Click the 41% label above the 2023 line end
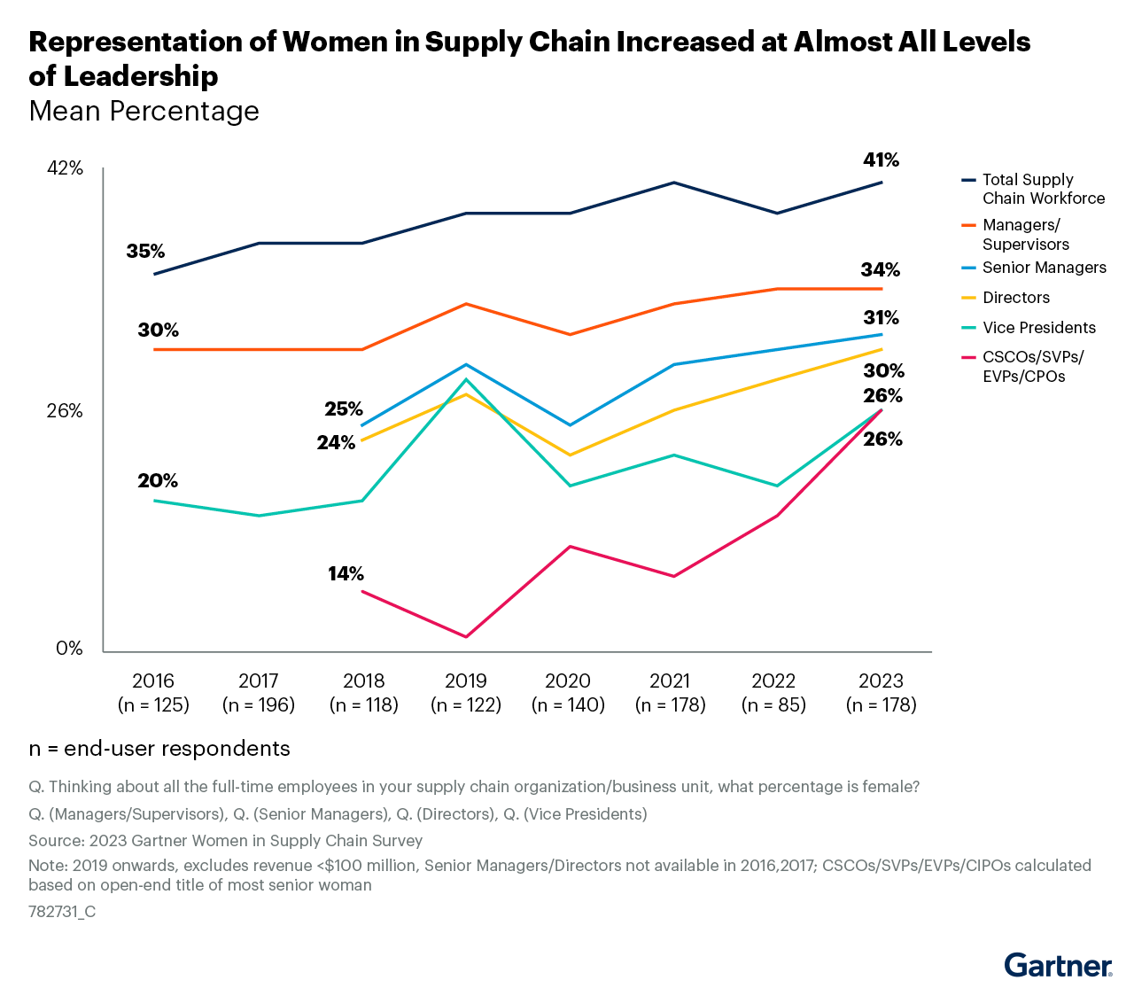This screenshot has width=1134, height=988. click(881, 160)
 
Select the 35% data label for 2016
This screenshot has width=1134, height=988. click(145, 252)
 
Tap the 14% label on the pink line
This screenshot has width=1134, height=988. click(346, 574)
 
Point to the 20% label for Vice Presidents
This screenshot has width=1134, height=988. click(158, 481)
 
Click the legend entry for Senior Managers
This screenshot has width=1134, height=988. click(1044, 268)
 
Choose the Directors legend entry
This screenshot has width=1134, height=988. click(1028, 298)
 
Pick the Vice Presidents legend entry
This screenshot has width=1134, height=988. click(1038, 328)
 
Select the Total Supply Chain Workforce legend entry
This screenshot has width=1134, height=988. click(1043, 189)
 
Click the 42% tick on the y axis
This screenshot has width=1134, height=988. click(65, 168)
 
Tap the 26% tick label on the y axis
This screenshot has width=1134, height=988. click(65, 411)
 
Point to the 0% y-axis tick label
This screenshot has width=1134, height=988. click(69, 649)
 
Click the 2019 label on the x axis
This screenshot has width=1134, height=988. click(466, 681)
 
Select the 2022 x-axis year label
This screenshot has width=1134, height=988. click(773, 681)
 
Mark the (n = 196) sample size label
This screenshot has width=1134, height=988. click(258, 705)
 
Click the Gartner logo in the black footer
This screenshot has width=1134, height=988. click(1059, 965)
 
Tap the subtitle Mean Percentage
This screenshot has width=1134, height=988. click(144, 112)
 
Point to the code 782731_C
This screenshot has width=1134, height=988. click(62, 911)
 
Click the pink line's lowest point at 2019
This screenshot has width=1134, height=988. click(466, 636)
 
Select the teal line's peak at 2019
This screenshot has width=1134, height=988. click(466, 380)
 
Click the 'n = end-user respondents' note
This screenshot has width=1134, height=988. click(159, 749)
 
